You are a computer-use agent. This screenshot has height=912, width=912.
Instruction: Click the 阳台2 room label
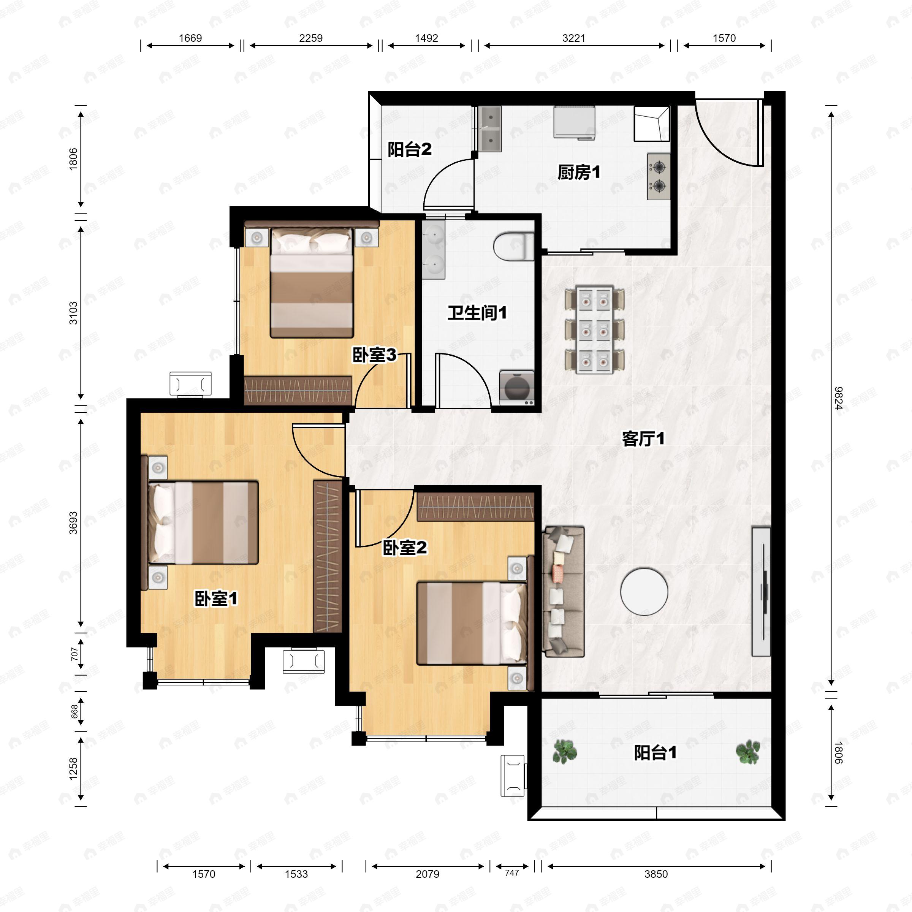pyautogui.click(x=409, y=150)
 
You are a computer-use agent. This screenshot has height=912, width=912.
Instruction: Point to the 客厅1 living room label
pyautogui.click(x=643, y=439)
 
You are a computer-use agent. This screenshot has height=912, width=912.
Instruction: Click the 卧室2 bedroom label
pyautogui.click(x=405, y=548)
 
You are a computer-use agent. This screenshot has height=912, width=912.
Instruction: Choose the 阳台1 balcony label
pyautogui.click(x=655, y=752)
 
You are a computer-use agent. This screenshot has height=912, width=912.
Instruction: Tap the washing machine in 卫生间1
pyautogui.click(x=517, y=388)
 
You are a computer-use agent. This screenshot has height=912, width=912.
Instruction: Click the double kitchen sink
pyautogui.click(x=490, y=128)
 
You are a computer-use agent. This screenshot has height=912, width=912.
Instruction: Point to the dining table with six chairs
pyautogui.click(x=595, y=329)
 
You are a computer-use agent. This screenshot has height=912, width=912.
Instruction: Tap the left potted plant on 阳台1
pyautogui.click(x=565, y=752)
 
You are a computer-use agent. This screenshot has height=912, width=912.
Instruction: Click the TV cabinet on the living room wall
pyautogui.click(x=761, y=592)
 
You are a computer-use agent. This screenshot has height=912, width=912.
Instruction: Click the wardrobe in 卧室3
pyautogui.click(x=298, y=390)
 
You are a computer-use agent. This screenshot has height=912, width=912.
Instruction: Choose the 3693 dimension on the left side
pyautogui.click(x=73, y=523)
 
